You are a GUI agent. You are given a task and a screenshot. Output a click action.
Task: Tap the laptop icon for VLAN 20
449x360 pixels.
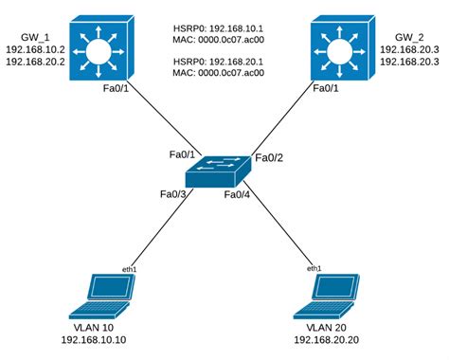328,295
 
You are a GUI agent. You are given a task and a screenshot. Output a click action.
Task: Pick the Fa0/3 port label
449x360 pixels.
174,194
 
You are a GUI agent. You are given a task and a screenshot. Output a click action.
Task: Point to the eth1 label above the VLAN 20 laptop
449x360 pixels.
314,269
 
